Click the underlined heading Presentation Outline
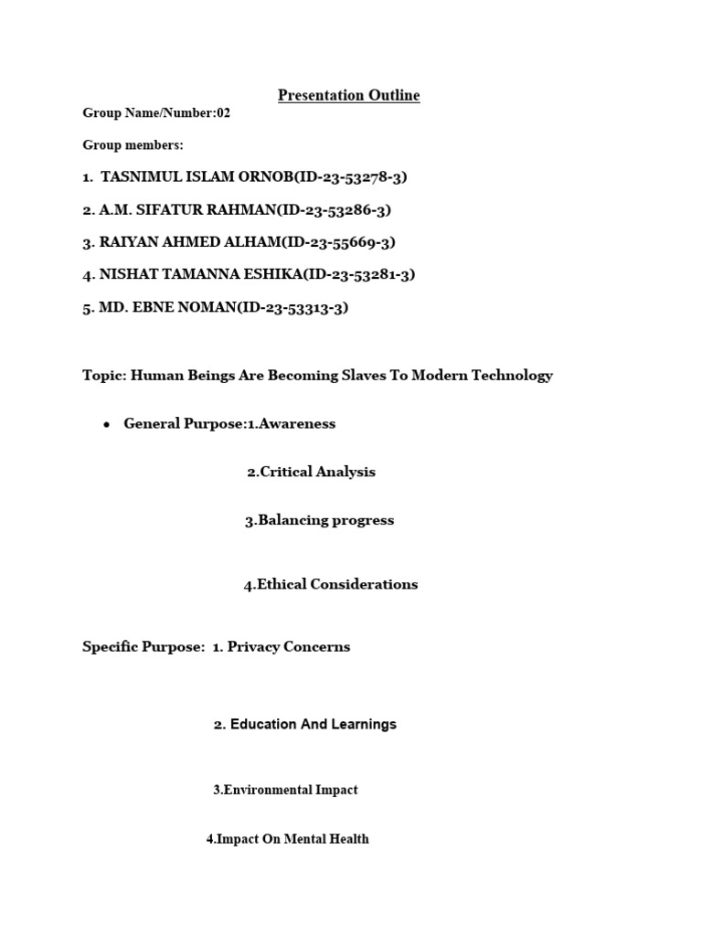[x=348, y=95]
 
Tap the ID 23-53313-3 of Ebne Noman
[x=300, y=308]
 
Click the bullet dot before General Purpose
[x=107, y=425]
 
